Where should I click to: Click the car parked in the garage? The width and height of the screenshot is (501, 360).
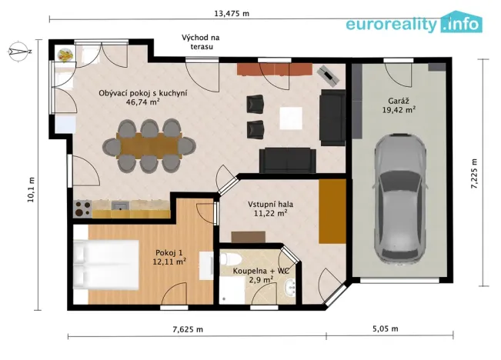(401, 197)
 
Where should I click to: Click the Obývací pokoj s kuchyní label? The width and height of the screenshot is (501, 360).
(143, 93)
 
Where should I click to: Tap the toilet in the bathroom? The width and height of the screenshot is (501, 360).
(234, 258)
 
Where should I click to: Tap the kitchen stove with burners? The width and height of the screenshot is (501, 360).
(82, 205)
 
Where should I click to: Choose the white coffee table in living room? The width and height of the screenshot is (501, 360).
(291, 118)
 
